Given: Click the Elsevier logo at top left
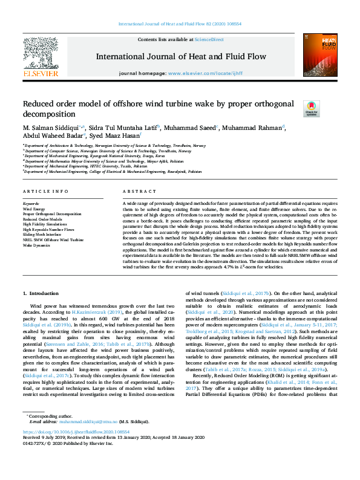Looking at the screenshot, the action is click(x=41, y=61).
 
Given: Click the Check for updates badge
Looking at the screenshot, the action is click(x=310, y=108).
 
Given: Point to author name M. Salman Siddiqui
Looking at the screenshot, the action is click(x=53, y=128).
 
